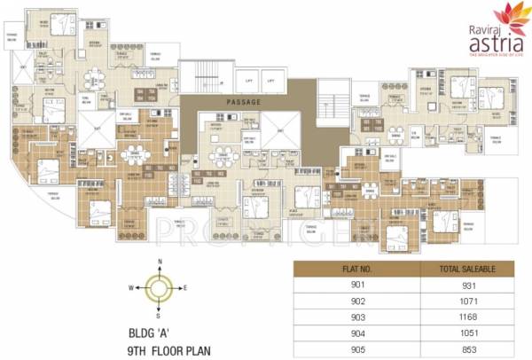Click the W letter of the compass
(130, 286)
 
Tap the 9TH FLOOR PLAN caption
(168, 349)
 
